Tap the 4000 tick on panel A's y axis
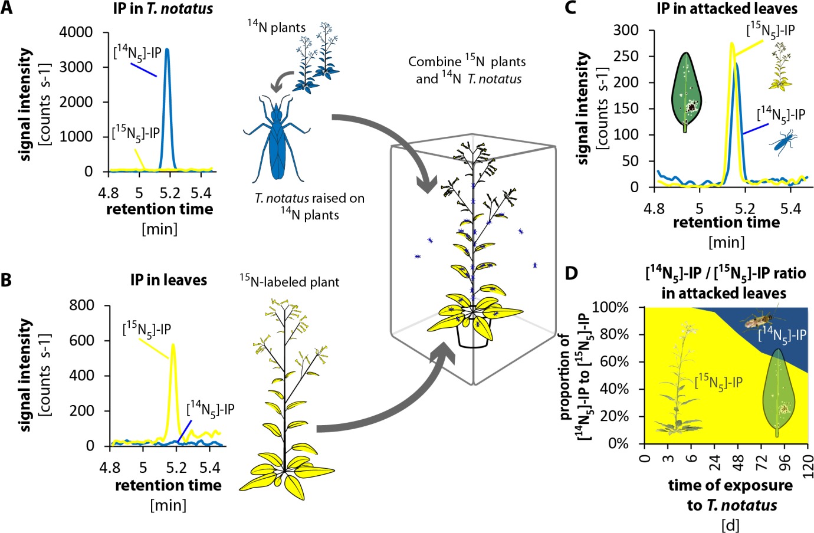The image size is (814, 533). [76, 32]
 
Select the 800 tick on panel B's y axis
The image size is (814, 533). [81, 305]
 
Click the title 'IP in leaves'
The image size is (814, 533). [169, 279]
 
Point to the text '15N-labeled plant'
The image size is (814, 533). [289, 282]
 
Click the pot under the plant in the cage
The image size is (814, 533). [473, 336]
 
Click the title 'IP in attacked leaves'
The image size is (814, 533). [727, 8]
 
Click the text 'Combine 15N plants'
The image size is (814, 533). [466, 61]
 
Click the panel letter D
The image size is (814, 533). [572, 274]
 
